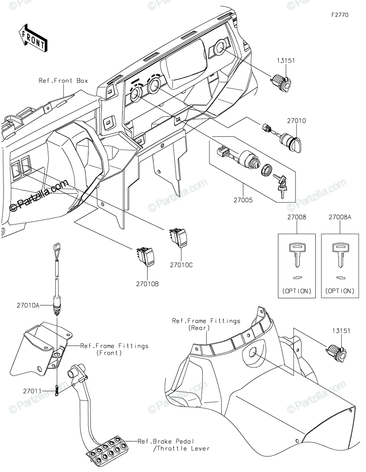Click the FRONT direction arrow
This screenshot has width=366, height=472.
tap(33, 38)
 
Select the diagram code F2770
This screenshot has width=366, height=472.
tap(339, 15)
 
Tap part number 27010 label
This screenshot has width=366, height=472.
tap(296, 121)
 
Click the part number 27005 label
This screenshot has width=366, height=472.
tap(243, 200)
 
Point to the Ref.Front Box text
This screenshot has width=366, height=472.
tap(63, 81)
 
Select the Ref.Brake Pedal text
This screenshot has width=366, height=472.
tap(166, 441)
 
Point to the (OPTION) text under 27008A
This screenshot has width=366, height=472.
tap(340, 291)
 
